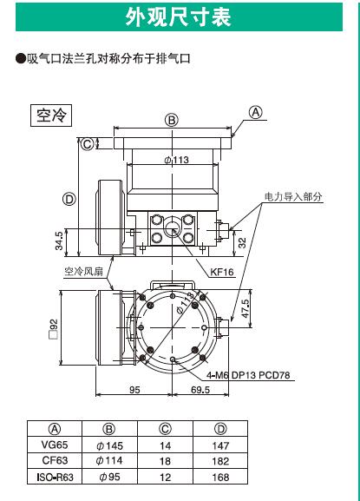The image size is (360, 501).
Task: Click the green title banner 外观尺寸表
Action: point(179,17)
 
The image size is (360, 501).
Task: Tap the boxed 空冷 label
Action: point(51,115)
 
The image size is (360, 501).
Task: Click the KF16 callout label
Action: point(222,273)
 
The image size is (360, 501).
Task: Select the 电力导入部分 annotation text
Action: point(293,196)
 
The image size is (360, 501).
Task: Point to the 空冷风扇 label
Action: point(84,272)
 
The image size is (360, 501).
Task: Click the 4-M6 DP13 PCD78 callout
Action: point(248,375)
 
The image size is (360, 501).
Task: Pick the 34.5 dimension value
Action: point(59,241)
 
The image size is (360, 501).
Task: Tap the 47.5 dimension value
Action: point(245,308)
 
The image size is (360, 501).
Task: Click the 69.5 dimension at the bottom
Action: point(200,390)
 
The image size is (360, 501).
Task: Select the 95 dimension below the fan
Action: point(134,390)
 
